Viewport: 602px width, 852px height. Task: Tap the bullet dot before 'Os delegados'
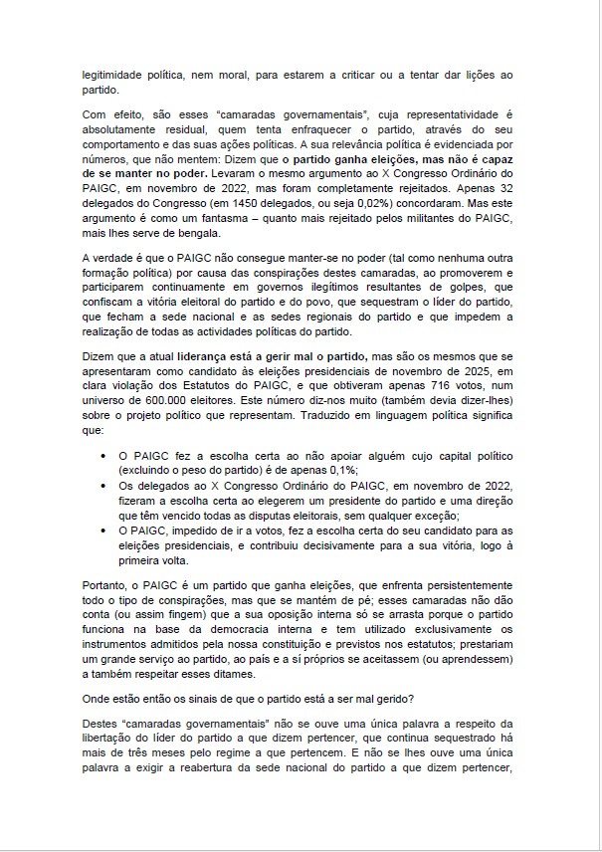click(x=105, y=484)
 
